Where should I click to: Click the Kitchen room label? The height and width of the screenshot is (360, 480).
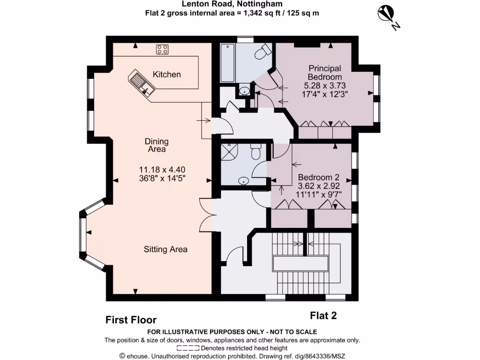(167, 75)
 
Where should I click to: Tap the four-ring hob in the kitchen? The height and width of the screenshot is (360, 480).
(163, 49)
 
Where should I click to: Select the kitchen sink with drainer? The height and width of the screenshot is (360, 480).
(141, 83)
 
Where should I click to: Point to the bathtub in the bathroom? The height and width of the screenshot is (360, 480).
(227, 62)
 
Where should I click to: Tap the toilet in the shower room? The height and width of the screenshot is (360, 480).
(256, 152)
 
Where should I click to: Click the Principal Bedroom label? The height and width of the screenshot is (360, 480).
(324, 73)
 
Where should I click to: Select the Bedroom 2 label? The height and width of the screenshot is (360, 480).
(319, 178)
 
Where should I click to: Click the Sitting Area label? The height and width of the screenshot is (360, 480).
(165, 249)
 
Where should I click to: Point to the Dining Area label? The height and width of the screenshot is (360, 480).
(157, 145)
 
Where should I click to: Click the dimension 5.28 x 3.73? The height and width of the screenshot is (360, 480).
(325, 85)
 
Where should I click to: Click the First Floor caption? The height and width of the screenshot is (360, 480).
(131, 320)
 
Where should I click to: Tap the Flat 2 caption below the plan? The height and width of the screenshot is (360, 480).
(323, 316)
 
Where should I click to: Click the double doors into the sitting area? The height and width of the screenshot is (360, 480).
(206, 215)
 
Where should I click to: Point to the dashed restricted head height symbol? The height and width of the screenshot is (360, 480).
(188, 348)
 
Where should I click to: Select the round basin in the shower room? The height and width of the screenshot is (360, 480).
(243, 181)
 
